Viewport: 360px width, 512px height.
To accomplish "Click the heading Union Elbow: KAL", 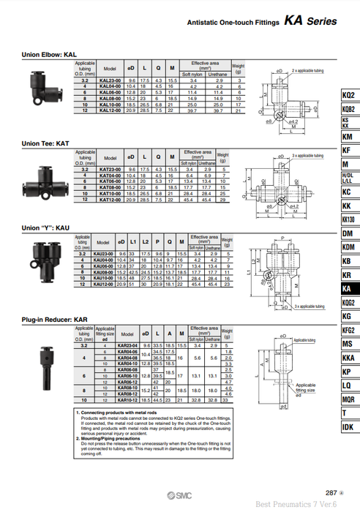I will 49,55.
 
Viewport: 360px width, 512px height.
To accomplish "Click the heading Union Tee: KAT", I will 46,144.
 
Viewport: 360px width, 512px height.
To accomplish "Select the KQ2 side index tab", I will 349,96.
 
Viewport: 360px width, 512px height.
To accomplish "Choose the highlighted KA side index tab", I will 349,289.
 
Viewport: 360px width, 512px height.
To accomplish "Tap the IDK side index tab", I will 349,426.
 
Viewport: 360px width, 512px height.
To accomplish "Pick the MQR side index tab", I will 349,399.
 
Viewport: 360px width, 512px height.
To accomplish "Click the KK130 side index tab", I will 349,219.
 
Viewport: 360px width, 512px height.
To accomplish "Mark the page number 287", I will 331,492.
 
